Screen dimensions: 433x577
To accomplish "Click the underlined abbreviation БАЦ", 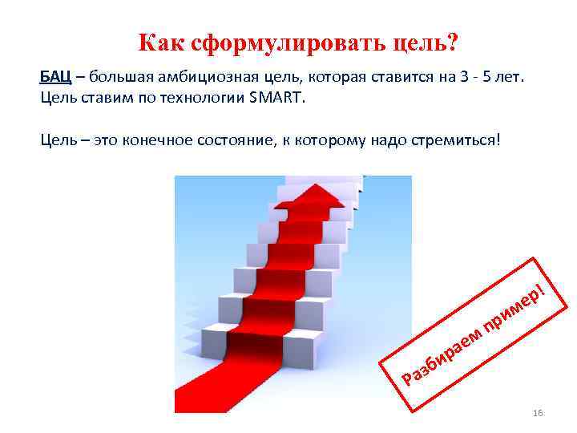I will tap(55, 77).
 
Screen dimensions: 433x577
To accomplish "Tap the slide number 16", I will tap(537, 412).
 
